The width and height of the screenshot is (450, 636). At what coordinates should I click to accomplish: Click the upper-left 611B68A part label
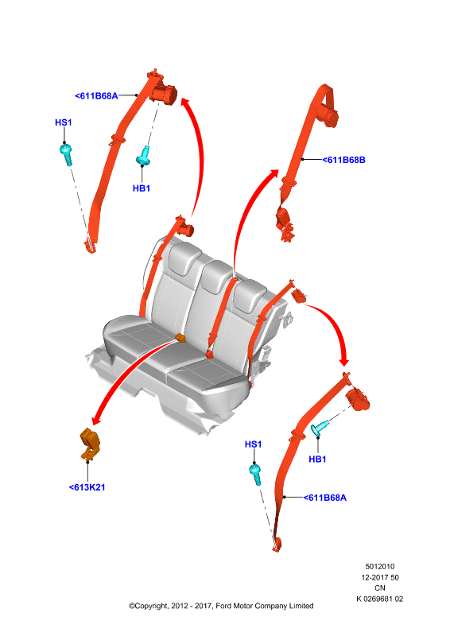96,96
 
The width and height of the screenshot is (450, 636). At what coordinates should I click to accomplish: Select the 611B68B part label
344,160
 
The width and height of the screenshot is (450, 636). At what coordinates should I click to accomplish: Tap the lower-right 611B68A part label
325,498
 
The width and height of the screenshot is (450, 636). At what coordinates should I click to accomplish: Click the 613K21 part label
87,487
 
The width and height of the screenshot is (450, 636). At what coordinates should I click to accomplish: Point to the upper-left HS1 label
64,122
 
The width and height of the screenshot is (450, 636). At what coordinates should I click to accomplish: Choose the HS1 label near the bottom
253,444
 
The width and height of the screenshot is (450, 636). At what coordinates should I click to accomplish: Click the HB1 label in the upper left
142,188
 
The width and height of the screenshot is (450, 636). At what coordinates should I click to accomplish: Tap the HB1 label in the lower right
317,460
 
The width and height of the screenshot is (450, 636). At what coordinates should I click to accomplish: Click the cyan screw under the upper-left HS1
66,154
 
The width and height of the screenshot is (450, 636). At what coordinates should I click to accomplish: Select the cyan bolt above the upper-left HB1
143,156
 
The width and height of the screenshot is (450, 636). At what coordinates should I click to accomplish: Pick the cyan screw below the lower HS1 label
256,475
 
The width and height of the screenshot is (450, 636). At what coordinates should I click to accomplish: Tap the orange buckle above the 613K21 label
90,444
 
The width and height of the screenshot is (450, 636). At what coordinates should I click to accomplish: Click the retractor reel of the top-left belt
164,94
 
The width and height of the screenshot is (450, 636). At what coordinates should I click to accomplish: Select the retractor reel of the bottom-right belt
358,399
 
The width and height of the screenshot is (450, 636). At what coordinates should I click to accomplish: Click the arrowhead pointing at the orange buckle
96,420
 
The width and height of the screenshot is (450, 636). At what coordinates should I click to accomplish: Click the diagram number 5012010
380,566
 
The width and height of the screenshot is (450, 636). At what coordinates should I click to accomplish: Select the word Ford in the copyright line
224,606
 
